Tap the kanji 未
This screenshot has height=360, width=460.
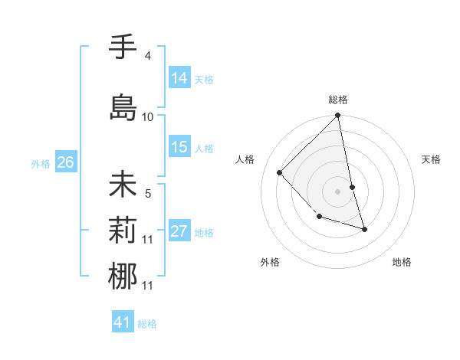pos(123,186)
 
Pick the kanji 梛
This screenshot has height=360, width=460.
pos(123,275)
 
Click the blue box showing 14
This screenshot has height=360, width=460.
pos(179,77)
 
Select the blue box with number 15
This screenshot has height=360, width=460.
pos(179,147)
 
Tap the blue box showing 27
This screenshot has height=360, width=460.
pos(179,231)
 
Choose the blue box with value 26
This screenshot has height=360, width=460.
pos(65,162)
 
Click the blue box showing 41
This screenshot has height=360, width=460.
pos(123,322)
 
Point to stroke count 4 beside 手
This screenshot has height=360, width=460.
pos(147,56)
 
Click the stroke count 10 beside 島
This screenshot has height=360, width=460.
pos(148,116)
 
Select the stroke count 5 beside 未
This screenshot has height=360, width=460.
pos(148,194)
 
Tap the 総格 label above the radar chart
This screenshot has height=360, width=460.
pos(337,100)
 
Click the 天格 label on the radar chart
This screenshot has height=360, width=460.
pos(431,159)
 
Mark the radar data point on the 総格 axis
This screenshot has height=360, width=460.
pos(337,116)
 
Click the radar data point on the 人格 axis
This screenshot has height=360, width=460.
pos(280,172)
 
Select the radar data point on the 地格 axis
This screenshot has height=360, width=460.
pos(364,229)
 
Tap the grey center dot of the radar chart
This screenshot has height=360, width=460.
pos(337,191)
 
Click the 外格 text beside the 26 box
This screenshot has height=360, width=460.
pos(41,162)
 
